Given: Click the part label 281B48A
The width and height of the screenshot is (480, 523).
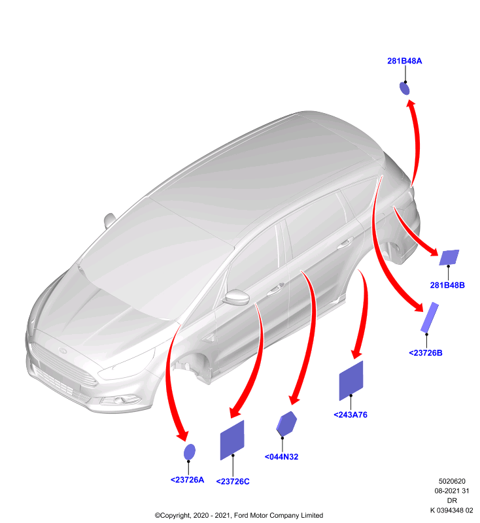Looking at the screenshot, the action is pyautogui.click(x=404, y=61).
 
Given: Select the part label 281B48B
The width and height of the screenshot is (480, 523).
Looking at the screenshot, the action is pyautogui.click(x=447, y=285).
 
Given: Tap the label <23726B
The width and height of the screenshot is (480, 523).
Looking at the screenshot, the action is pyautogui.click(x=425, y=353).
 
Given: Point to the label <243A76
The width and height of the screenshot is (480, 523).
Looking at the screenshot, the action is pyautogui.click(x=351, y=415).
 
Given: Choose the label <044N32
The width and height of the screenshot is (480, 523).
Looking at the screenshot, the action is pyautogui.click(x=281, y=457).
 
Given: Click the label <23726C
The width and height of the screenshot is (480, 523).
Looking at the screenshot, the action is pyautogui.click(x=233, y=482).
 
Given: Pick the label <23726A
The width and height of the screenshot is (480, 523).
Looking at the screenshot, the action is pyautogui.click(x=187, y=480).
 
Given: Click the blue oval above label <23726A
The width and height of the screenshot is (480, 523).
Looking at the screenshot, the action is pyautogui.click(x=190, y=452).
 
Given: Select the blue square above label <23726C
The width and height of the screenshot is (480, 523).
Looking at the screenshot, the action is pyautogui.click(x=232, y=440).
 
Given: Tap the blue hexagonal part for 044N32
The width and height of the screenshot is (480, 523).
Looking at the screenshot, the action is pyautogui.click(x=286, y=424).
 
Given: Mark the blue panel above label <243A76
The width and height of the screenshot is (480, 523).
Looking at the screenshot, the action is pyautogui.click(x=351, y=380).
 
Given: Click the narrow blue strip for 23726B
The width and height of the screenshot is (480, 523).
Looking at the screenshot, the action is pyautogui.click(x=429, y=317).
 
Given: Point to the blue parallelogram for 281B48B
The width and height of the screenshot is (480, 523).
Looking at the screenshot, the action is pyautogui.click(x=449, y=257).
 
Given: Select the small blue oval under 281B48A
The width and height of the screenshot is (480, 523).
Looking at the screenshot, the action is pyautogui.click(x=404, y=88).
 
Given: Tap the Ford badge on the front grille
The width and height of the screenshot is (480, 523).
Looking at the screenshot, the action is pyautogui.click(x=63, y=350).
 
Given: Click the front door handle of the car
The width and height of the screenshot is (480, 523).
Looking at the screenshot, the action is pyautogui.click(x=275, y=289).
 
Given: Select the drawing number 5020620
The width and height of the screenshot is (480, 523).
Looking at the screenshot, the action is pyautogui.click(x=452, y=481).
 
